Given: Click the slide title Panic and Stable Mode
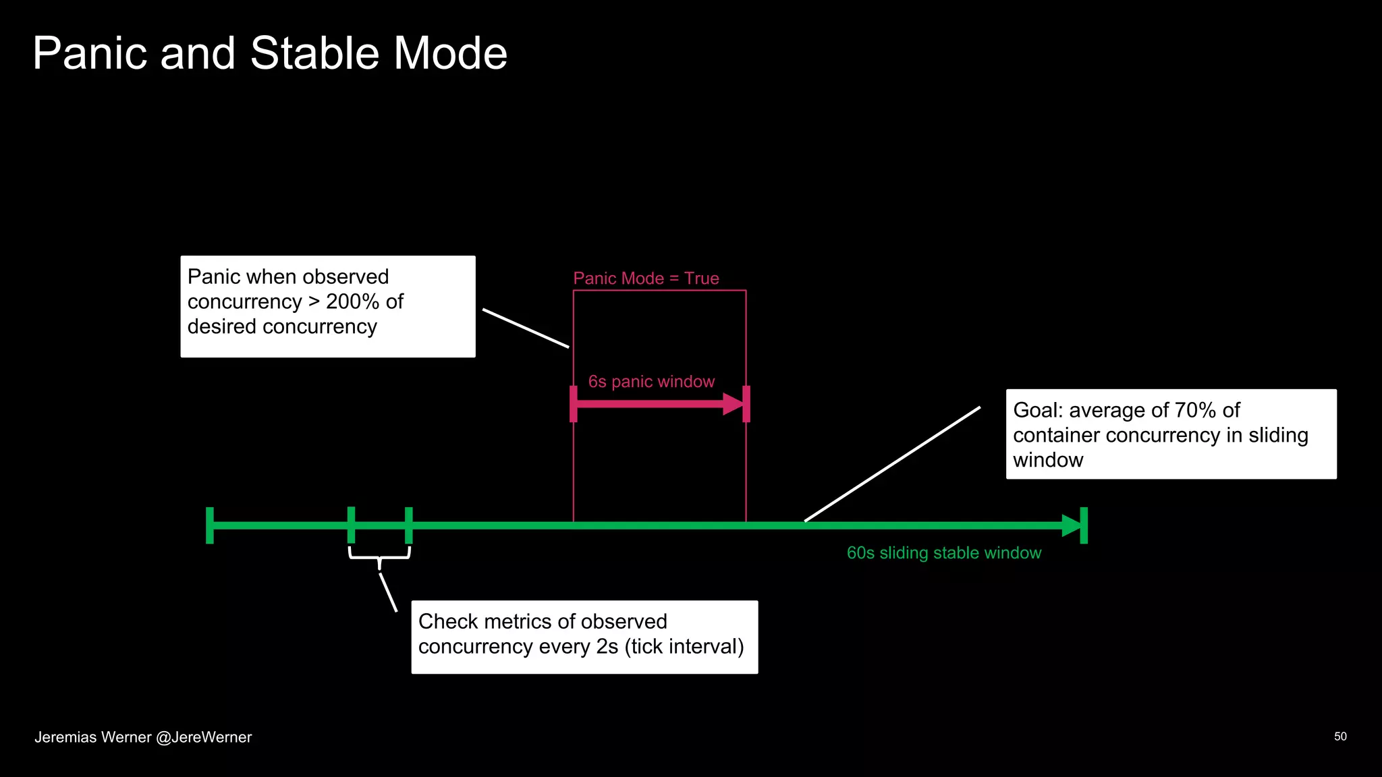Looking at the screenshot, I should coord(270,53).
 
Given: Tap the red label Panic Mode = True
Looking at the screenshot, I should coord(646,279).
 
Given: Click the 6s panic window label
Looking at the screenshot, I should coord(651,382).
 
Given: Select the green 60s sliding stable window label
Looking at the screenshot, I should coord(943,553).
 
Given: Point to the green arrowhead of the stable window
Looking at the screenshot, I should coord(1071,525).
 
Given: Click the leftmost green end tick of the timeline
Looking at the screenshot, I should coord(210,525).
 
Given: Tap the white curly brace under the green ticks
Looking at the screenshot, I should coord(379,556).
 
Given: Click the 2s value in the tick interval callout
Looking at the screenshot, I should coord(607,646).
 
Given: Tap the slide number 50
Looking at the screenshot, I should coord(1340,737).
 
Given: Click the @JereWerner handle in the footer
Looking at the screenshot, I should coord(204,737).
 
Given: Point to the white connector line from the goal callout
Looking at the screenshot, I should coord(892,464).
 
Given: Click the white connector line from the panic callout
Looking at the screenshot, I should coord(526,328).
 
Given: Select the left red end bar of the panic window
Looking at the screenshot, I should coord(574,404).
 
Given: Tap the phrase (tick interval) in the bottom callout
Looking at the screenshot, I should coord(684,646).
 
